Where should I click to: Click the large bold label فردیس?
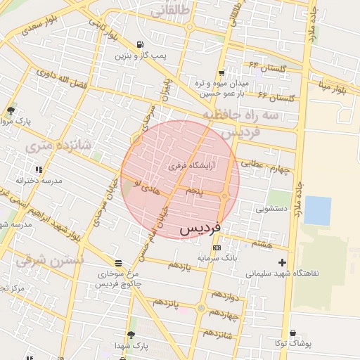[200, 229]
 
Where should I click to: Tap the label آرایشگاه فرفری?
[192, 167]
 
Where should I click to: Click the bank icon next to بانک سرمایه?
[216, 247]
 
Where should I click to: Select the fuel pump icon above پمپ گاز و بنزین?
[131, 44]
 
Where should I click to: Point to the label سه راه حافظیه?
[231, 115]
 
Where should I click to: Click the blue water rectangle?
[317, 211]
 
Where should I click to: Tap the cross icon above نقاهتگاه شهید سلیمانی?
[283, 262]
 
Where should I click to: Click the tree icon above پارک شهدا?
[131, 335]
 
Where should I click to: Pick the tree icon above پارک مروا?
[11, 110]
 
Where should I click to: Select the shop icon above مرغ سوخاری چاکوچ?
[117, 263]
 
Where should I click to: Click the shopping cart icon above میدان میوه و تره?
[222, 72]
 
